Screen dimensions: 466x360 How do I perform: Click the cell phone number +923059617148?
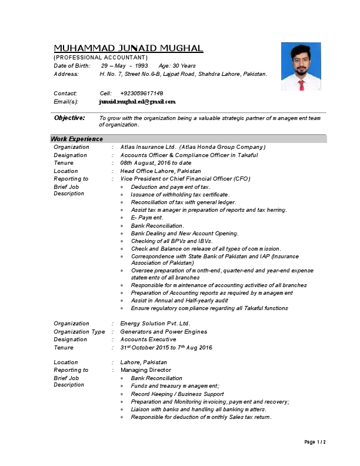(x=142, y=94)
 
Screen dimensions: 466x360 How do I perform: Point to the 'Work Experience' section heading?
(x=77, y=139)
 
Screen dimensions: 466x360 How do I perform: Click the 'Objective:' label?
(x=69, y=118)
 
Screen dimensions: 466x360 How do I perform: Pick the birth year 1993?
(x=141, y=66)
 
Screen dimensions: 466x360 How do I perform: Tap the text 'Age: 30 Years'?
(x=177, y=66)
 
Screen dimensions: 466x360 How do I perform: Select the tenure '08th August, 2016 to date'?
(x=156, y=163)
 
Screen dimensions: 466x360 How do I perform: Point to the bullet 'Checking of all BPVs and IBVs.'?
(x=172, y=241)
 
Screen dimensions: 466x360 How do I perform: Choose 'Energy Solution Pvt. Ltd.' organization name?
(x=155, y=324)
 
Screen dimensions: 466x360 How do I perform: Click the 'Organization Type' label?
(x=79, y=332)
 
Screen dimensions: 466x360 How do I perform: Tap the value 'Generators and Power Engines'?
(x=164, y=332)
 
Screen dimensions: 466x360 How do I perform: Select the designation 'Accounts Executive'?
(x=148, y=339)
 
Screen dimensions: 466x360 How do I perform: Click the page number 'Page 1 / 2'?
(x=315, y=442)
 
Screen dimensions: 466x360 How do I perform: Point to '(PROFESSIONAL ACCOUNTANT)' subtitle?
(x=101, y=58)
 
